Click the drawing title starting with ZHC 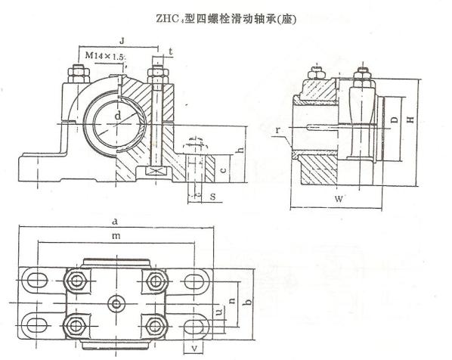[226, 19]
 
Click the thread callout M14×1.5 [105, 55]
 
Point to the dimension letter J [122, 41]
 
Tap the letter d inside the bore [118, 116]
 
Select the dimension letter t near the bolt [171, 52]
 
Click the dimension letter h [240, 150]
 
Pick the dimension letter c [224, 169]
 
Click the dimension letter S [212, 197]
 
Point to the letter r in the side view [277, 130]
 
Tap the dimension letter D [395, 119]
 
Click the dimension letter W [339, 199]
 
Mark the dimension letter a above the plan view [115, 222]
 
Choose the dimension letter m [116, 236]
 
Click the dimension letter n [232, 301]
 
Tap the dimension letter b [247, 302]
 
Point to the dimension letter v [195, 348]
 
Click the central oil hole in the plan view [116, 304]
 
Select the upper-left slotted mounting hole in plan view [36, 280]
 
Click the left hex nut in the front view [78, 74]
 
